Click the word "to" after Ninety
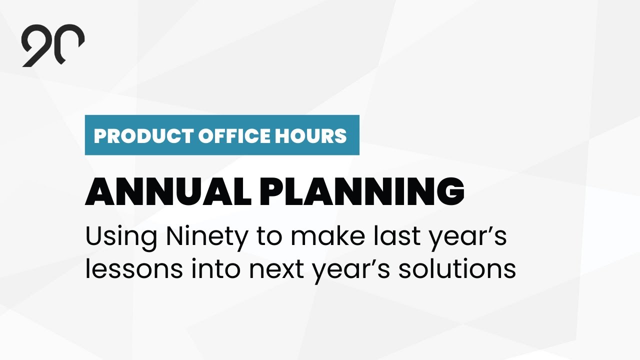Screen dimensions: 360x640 click(269, 237)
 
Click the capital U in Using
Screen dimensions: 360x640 click(93, 237)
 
